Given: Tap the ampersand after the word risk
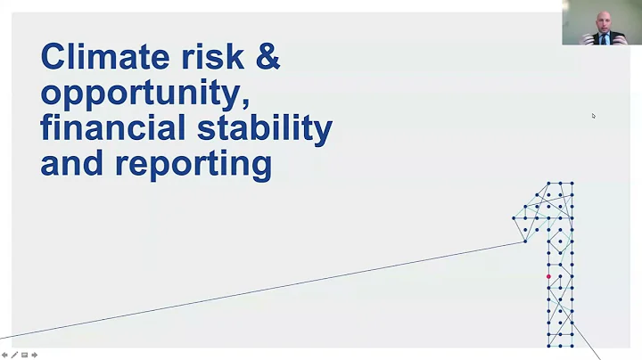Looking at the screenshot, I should [x=267, y=57].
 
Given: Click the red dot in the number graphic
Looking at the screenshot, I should [x=548, y=277].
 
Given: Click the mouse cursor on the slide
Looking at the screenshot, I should [x=594, y=116].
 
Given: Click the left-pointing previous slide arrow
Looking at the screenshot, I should [x=4, y=355].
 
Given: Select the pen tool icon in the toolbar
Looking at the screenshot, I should [x=14, y=355].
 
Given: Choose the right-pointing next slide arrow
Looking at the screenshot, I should [x=35, y=355].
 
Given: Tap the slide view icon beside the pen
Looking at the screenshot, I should [x=24, y=355].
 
